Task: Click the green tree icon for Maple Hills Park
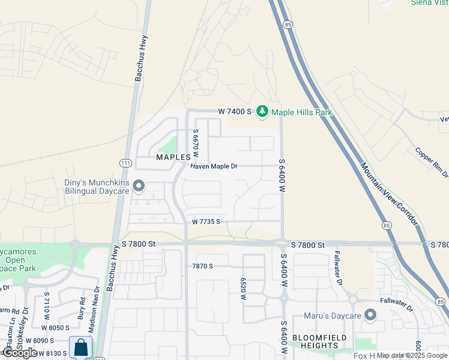[262, 112]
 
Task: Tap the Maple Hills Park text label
[301, 112]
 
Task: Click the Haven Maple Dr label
[214, 166]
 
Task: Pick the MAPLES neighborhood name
[173, 157]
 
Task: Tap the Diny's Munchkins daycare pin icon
[139, 187]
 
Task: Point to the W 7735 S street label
[206, 221]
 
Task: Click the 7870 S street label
[202, 266]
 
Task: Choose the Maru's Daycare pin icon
[370, 314]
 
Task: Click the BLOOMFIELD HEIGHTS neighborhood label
[315, 341]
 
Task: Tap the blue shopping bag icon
[80, 347]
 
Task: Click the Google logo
[20, 353]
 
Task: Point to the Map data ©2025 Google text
[412, 355]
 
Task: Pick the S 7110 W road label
[46, 305]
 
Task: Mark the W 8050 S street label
[55, 328]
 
